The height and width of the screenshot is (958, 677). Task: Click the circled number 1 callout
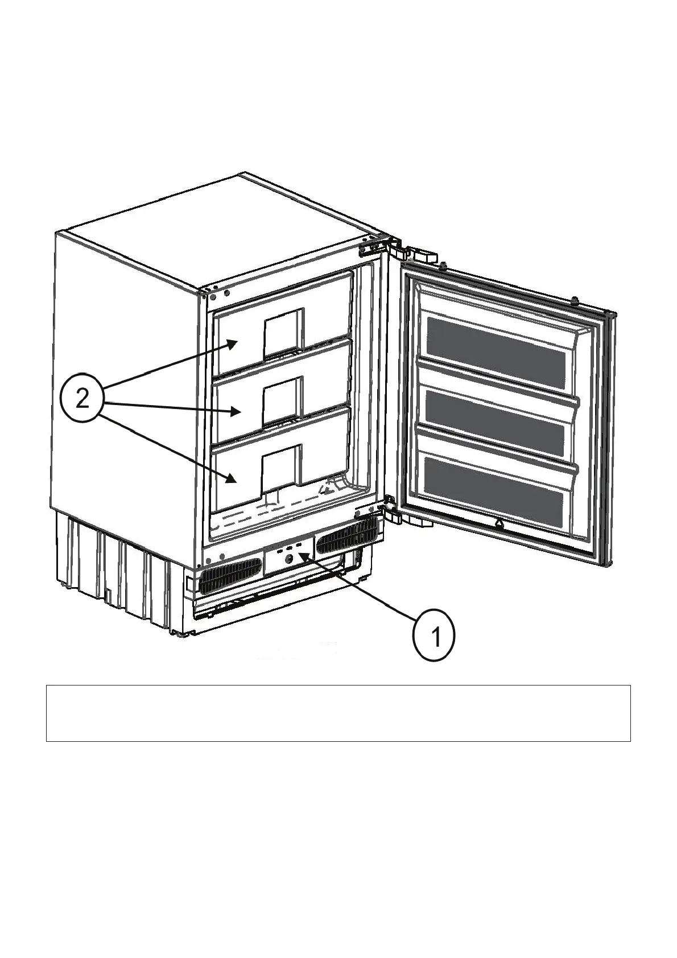point(434,635)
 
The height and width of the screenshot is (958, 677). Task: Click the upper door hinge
point(397,249)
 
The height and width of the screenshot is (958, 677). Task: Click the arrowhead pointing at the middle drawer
point(237,410)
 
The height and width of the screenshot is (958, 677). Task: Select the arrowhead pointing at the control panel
point(305,556)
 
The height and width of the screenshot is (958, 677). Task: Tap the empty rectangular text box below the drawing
point(338,713)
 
